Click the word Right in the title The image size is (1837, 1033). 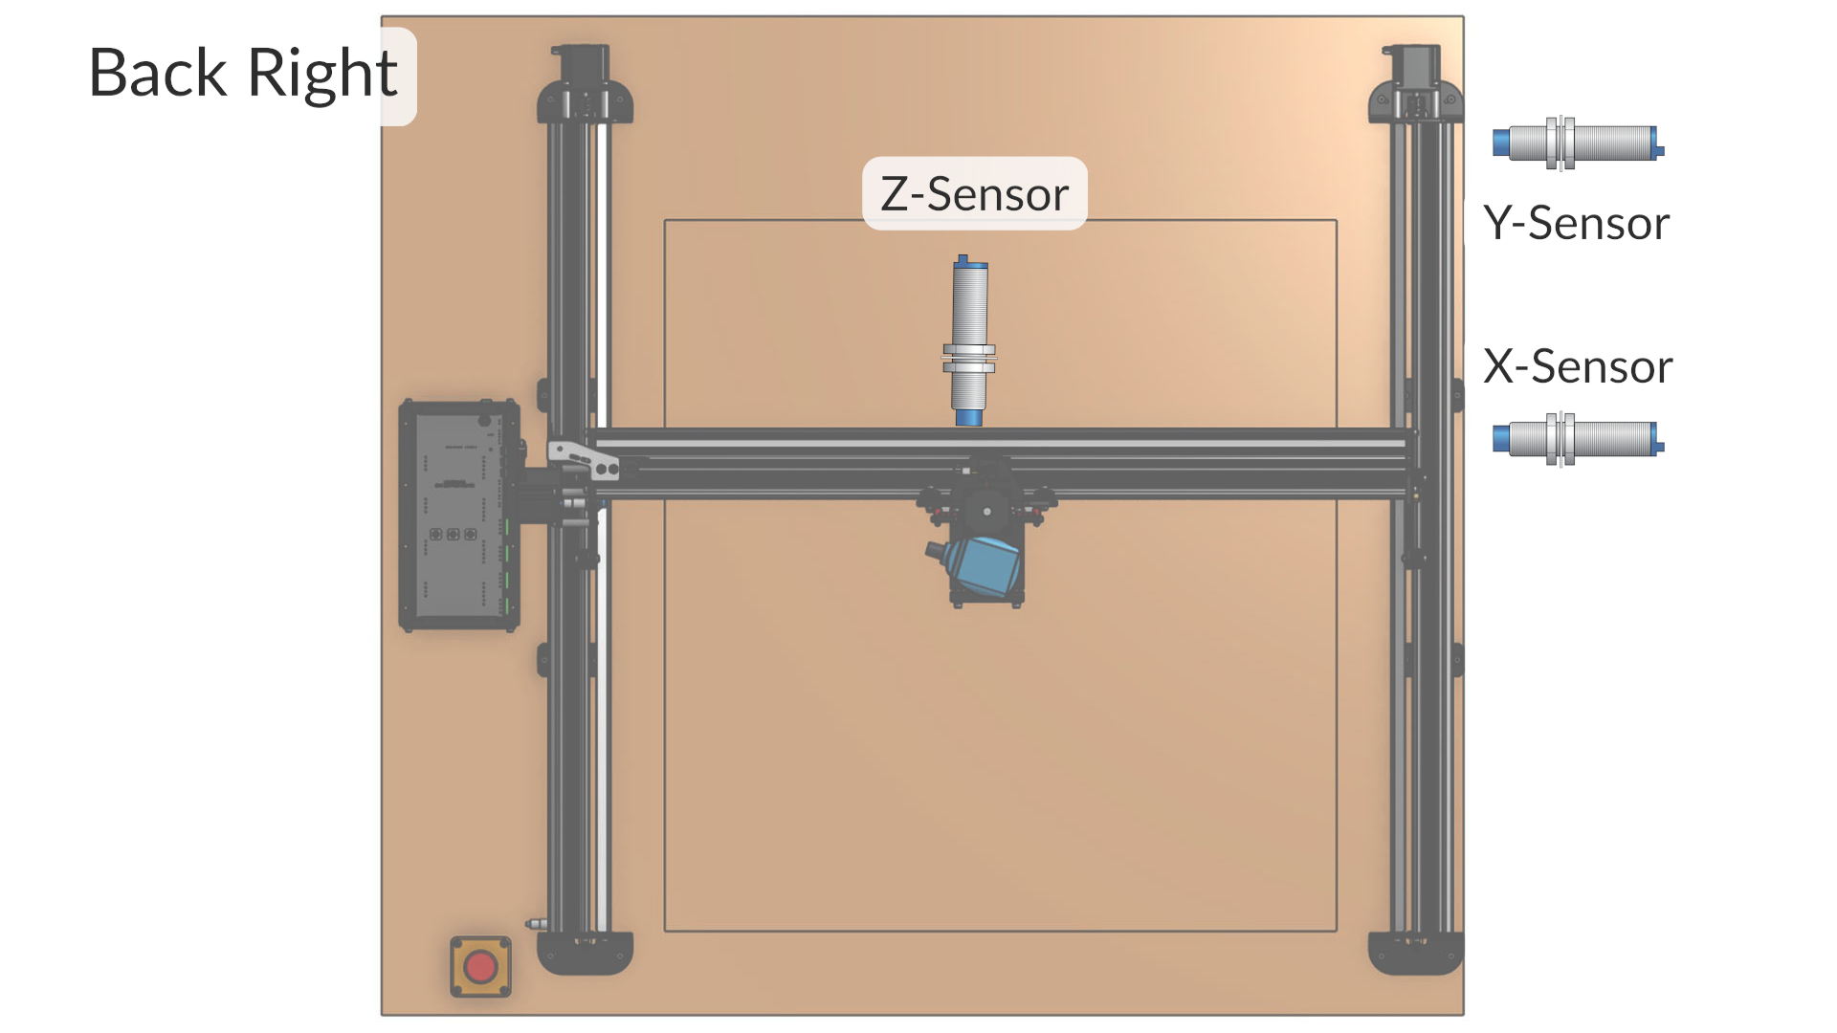[x=322, y=75]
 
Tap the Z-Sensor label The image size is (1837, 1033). [x=974, y=194]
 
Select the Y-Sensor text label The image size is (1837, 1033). [x=1576, y=223]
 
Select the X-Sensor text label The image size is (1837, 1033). [x=1577, y=366]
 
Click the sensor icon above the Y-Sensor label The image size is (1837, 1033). [x=1578, y=143]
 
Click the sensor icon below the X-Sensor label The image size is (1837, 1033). [x=1578, y=439]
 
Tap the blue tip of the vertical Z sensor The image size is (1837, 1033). [x=968, y=417]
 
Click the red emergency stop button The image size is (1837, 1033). [x=480, y=967]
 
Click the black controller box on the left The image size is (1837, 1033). [x=459, y=516]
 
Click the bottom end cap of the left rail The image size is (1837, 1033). [x=585, y=953]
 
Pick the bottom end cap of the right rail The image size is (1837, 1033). [x=1415, y=953]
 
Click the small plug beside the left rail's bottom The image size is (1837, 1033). [x=537, y=924]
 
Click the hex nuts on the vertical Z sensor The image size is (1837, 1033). [x=969, y=358]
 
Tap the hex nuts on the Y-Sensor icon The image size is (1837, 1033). [x=1560, y=143]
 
